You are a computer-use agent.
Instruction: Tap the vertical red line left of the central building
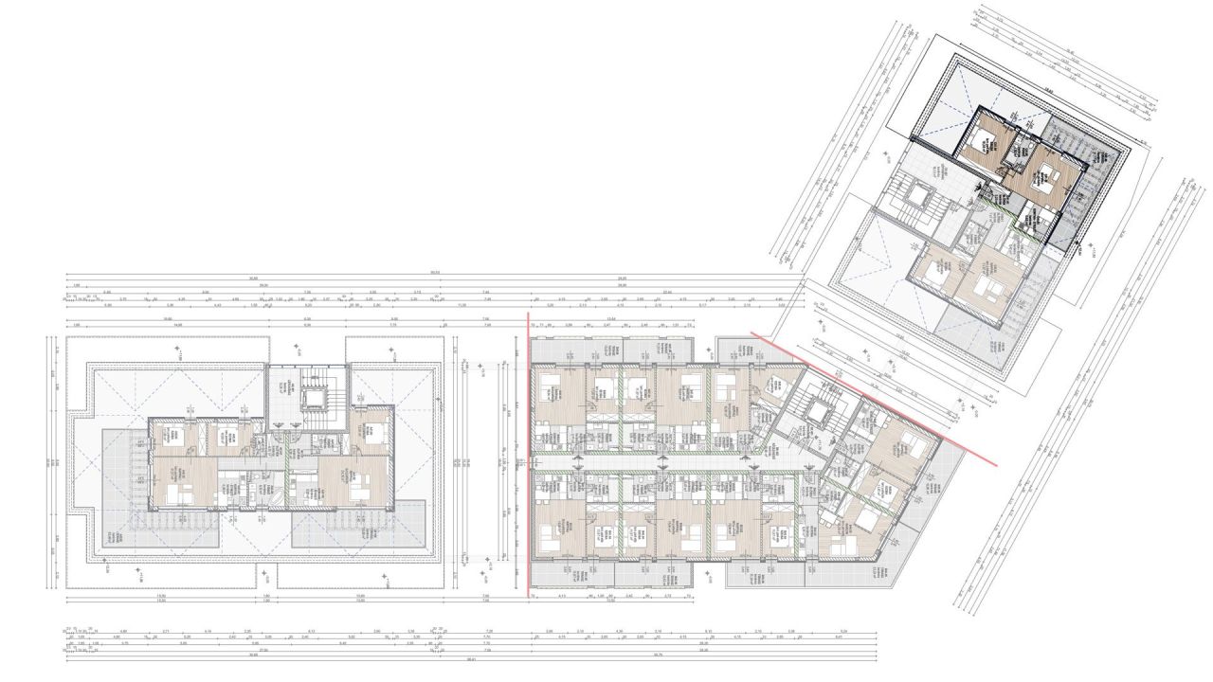(x=527, y=455)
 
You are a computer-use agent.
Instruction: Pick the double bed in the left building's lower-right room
(x=358, y=493)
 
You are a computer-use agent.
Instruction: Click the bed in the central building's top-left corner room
(x=551, y=389)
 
